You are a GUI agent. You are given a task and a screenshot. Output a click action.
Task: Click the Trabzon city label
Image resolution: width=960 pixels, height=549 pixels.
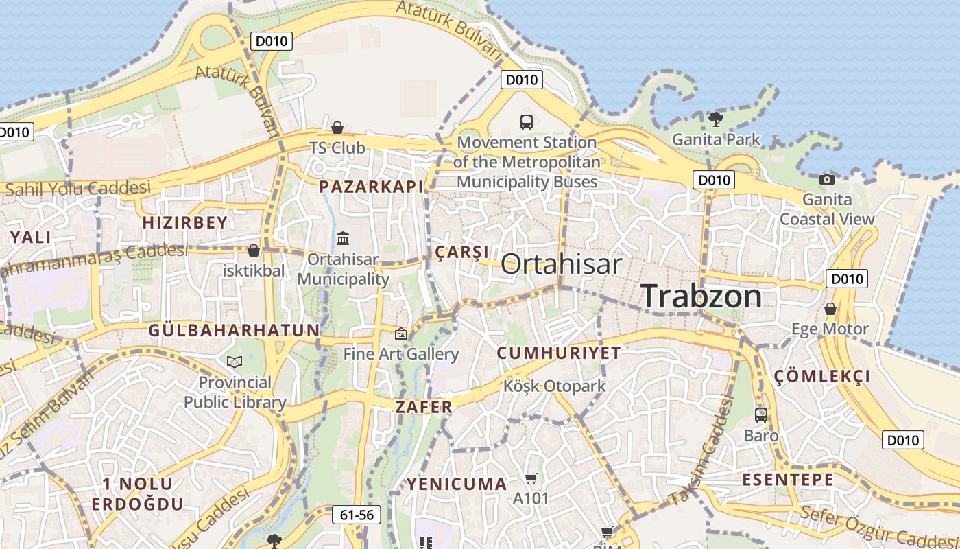click(701, 296)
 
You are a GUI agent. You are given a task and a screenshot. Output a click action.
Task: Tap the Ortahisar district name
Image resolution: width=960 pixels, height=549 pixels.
click(562, 264)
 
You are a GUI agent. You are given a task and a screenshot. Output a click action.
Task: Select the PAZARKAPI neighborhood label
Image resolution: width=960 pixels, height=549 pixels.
click(371, 186)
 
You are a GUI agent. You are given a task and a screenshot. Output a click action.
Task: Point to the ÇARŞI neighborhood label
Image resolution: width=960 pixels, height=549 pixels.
click(462, 252)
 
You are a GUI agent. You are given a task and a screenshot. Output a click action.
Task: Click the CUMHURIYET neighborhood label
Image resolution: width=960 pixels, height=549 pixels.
click(559, 353)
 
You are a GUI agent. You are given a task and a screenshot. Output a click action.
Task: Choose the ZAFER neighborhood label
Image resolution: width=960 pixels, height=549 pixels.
click(424, 407)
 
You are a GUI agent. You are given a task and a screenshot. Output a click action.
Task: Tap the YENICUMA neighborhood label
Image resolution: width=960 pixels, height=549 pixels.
click(457, 484)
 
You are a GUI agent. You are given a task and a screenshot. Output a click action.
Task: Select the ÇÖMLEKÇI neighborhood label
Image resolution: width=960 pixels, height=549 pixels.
click(822, 376)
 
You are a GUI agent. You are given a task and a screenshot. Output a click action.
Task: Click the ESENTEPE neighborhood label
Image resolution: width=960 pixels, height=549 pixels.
click(789, 480)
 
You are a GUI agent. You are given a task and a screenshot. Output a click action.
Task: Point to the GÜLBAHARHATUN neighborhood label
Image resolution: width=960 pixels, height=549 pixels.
click(235, 330)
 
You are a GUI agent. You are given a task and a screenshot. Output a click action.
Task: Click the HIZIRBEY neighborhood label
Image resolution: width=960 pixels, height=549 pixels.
click(184, 222)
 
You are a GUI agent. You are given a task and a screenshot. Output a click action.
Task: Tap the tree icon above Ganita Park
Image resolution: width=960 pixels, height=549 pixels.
click(715, 119)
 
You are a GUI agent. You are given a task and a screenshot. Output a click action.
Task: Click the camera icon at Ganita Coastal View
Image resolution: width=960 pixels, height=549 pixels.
click(827, 179)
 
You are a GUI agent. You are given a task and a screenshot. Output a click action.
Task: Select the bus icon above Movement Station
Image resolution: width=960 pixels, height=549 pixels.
click(527, 122)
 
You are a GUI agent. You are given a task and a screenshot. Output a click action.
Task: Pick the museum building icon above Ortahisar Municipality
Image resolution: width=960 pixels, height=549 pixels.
click(343, 239)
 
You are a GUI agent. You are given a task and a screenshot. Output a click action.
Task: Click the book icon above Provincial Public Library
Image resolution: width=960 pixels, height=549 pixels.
click(235, 362)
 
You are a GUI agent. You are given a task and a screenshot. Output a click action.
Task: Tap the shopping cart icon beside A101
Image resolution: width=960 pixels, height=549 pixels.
click(531, 478)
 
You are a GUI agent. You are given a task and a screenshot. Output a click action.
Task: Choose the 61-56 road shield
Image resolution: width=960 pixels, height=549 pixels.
click(357, 515)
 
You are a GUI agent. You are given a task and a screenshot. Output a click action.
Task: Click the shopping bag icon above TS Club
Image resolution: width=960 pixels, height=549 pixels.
click(337, 128)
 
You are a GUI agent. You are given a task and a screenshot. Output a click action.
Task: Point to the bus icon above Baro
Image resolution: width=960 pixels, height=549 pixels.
click(761, 414)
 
